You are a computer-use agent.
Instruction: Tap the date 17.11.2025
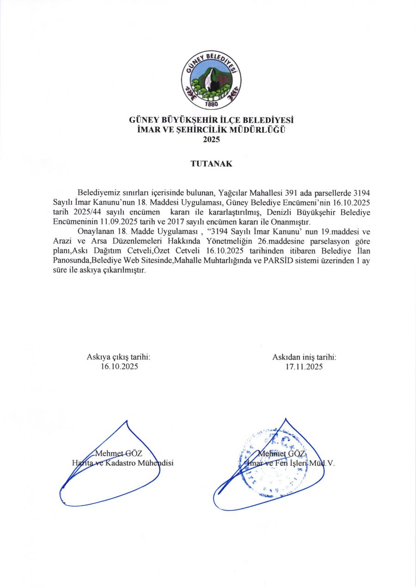[304, 367]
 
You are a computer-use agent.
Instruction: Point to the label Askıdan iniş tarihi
[304, 357]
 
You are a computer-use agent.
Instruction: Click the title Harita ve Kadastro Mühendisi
[122, 462]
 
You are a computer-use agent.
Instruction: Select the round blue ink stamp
[268, 462]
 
